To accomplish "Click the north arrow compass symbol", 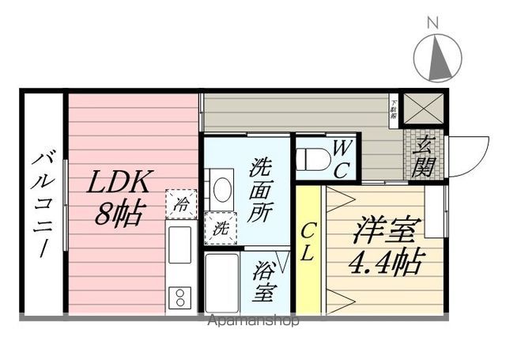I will pos(437,59).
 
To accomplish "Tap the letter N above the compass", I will pos(432,22).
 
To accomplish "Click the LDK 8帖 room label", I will pos(119,198).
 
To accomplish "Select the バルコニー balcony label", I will pos(42,201).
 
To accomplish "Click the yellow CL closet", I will pos(308,246).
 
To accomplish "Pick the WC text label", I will pos(342,157).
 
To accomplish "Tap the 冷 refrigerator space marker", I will pos(181,203).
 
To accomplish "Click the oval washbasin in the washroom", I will pos(222,190).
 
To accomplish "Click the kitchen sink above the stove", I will pos(180,244).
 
